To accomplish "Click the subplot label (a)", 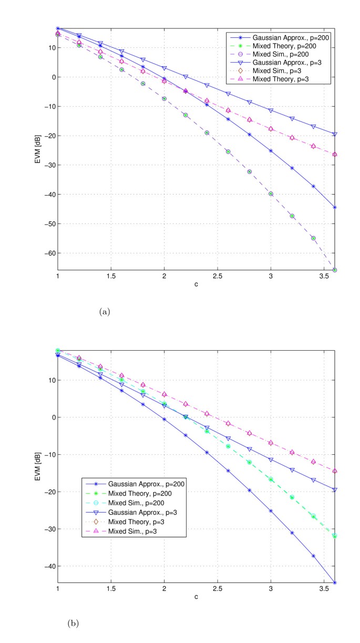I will pos(104,312).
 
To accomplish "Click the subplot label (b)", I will pos(73,623).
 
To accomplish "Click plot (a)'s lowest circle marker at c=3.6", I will pos(335,270).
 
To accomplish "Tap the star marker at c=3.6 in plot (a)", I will pos(335,207).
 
